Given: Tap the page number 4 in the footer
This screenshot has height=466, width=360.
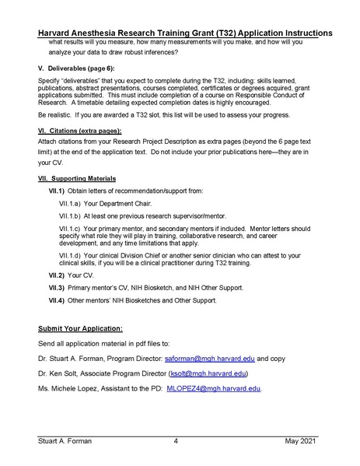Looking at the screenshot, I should [x=177, y=441].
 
